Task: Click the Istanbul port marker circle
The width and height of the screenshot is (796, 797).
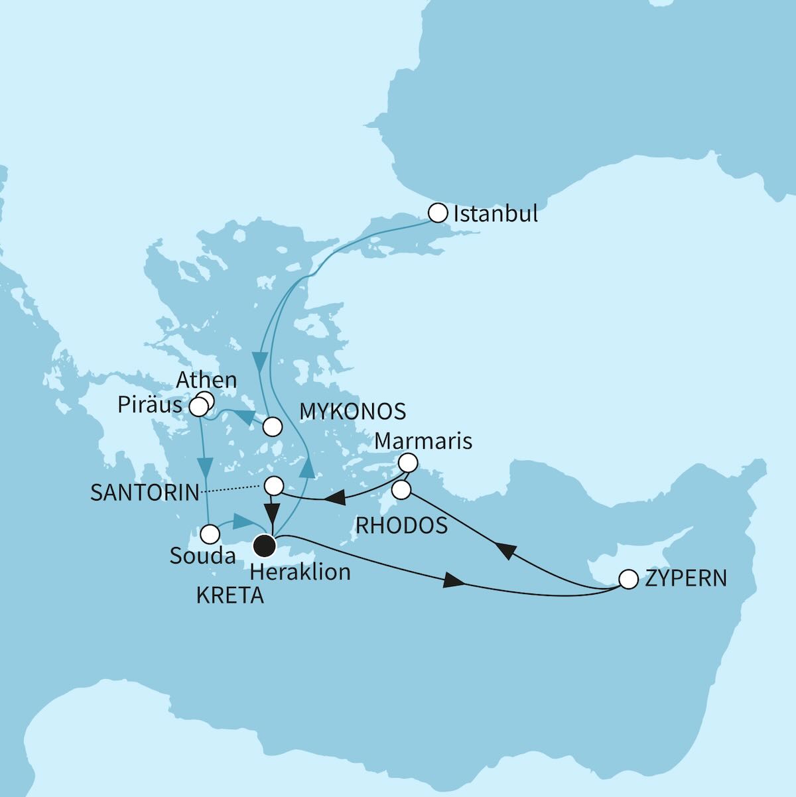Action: pos(438,213)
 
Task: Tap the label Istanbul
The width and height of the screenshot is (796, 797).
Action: pos(495,214)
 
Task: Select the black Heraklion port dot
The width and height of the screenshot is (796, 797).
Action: pos(265,545)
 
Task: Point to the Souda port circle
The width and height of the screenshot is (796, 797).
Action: pos(210,533)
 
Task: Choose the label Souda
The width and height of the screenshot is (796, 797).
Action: pos(202,556)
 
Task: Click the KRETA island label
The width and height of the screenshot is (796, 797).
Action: pos(230,595)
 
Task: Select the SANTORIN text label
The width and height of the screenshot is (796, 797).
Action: pos(145,492)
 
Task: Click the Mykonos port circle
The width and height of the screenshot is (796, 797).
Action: pos(272,426)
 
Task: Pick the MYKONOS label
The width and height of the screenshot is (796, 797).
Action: pos(352,411)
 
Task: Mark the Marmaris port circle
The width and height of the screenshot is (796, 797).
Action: pos(408,462)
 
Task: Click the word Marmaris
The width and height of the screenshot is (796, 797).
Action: pos(423,440)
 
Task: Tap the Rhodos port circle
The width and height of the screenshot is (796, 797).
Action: pos(401,490)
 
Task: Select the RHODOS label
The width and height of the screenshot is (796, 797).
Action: pos(401,524)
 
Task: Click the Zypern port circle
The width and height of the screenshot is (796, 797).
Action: pos(628,579)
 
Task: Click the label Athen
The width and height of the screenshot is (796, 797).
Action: pos(206,380)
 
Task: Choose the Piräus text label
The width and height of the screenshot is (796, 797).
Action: pos(150,405)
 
